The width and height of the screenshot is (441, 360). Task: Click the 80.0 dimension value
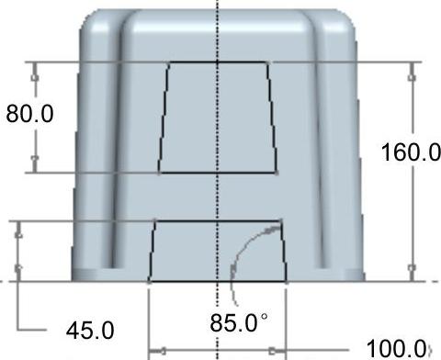(x=29, y=114)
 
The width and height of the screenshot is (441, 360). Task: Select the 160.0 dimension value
(x=411, y=152)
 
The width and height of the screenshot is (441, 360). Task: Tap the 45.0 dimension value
(x=90, y=331)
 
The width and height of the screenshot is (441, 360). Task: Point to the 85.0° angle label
(x=239, y=323)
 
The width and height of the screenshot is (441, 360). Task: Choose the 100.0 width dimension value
(x=396, y=348)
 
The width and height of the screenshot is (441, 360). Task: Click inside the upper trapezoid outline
(x=218, y=118)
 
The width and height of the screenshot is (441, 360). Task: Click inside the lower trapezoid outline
(x=218, y=251)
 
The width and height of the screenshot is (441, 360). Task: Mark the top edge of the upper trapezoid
(x=218, y=62)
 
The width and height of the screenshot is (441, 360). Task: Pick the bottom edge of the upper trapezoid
(x=218, y=173)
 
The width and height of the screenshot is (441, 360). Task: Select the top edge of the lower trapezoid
(x=218, y=220)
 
